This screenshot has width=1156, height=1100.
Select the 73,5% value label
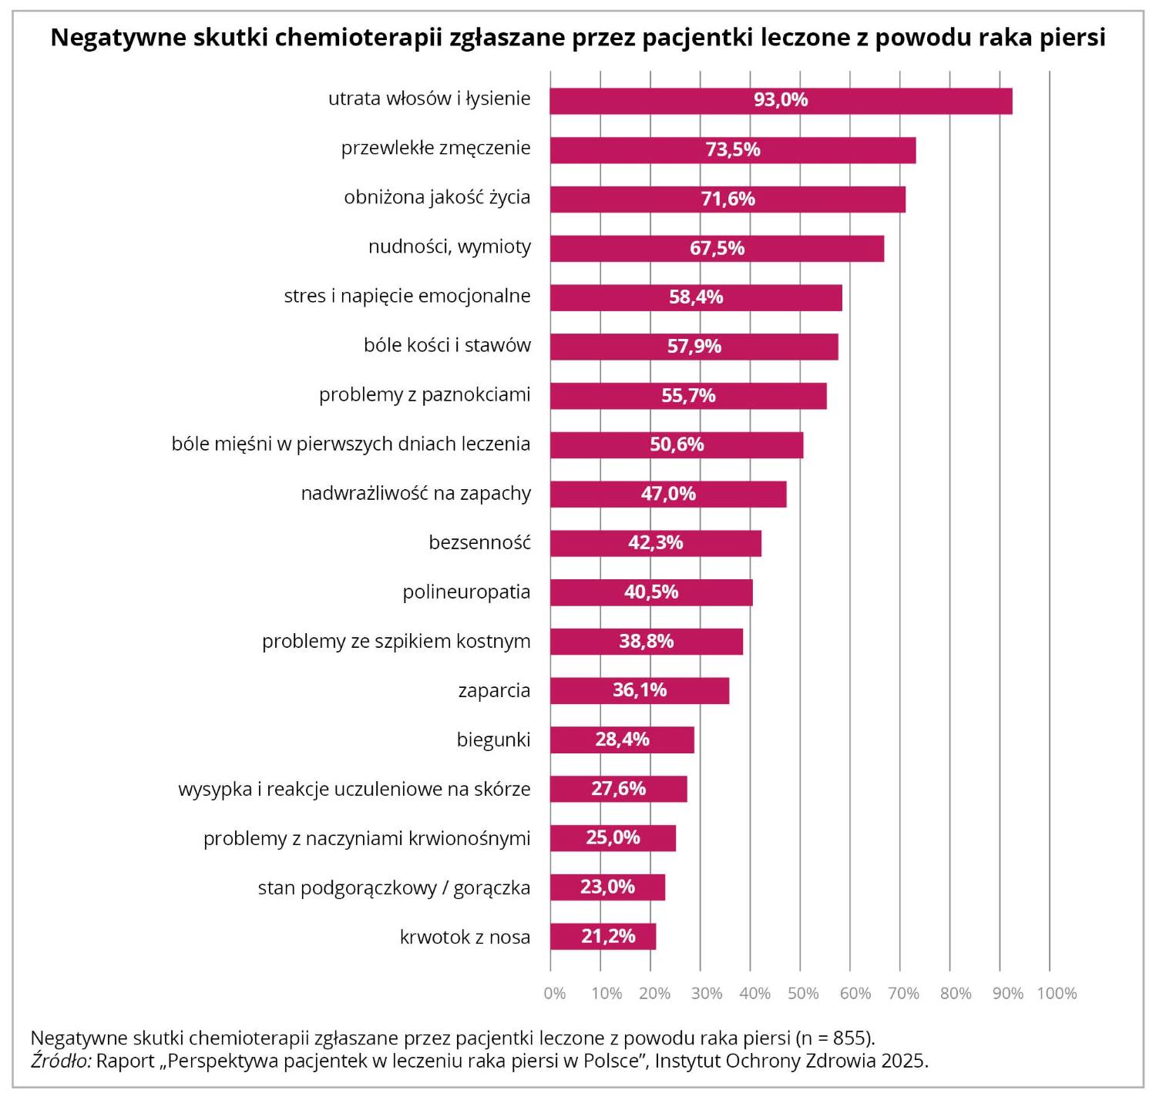point(733,149)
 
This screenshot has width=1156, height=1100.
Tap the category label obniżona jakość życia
point(437,198)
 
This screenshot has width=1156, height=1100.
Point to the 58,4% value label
point(696,297)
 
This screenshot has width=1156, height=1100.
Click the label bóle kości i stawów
point(447,346)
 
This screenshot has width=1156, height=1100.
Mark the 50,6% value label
point(677,444)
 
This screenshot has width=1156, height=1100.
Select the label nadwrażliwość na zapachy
point(415,494)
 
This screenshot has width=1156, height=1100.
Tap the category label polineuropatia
point(466,592)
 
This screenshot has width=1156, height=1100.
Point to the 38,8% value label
point(646,642)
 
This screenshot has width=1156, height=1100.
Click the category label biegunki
point(493,740)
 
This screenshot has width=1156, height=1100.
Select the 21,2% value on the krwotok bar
point(608,937)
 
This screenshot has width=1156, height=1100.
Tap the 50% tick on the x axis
point(803,994)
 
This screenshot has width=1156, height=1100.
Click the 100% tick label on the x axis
point(1057,994)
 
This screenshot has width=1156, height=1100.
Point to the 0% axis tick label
point(555,994)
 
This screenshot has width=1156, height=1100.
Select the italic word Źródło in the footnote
point(61,1061)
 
